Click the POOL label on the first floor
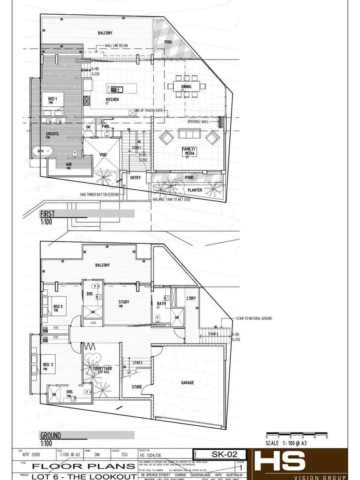click(x=168, y=42)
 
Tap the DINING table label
click(x=186, y=87)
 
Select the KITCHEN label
click(x=112, y=100)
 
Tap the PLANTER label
click(x=195, y=190)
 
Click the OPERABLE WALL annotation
click(x=198, y=121)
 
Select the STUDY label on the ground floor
click(x=124, y=302)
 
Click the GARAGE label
click(x=188, y=382)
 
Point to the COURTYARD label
click(x=103, y=368)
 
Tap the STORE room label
click(x=137, y=387)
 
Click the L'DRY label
click(x=191, y=298)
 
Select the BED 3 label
click(x=58, y=307)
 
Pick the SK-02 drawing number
click(x=222, y=454)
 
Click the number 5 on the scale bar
click(x=327, y=437)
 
